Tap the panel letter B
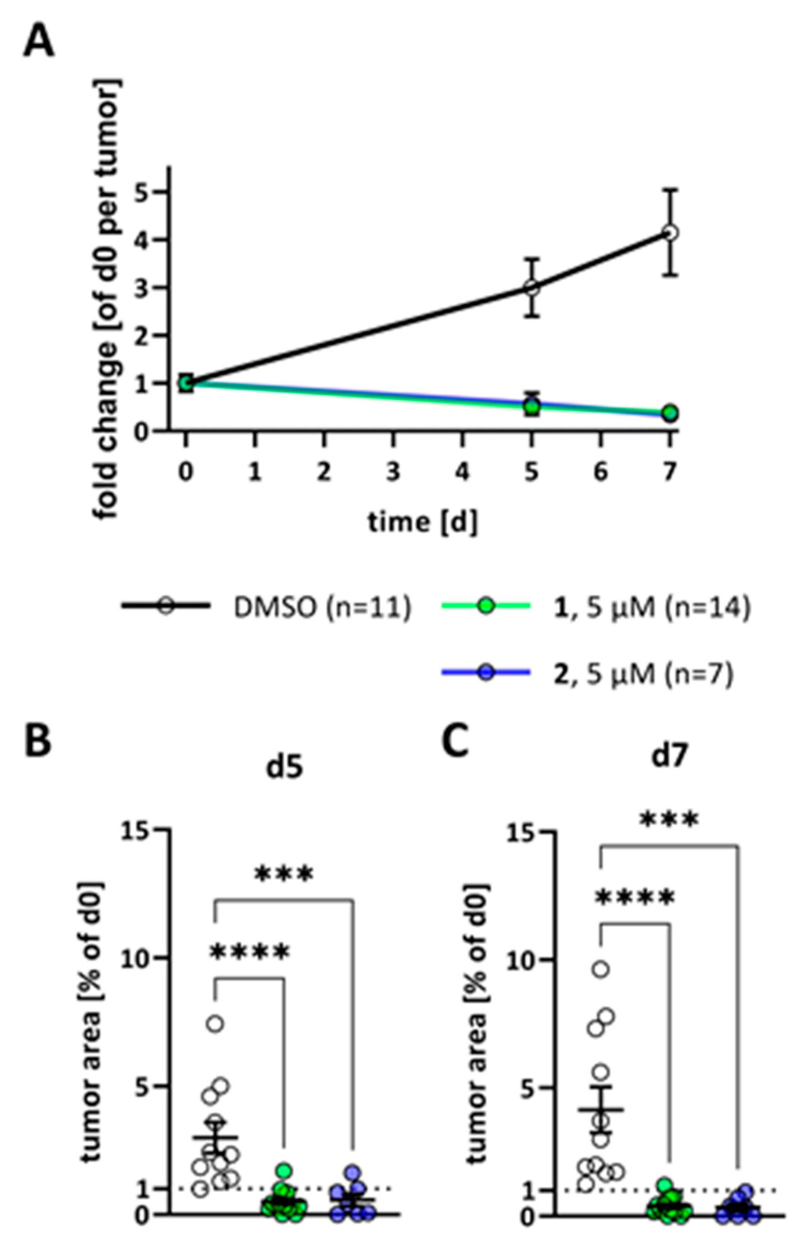(38, 741)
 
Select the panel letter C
(456, 741)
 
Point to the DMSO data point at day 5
(531, 288)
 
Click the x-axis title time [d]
(422, 522)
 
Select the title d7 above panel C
(670, 757)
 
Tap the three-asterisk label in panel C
(669, 819)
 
